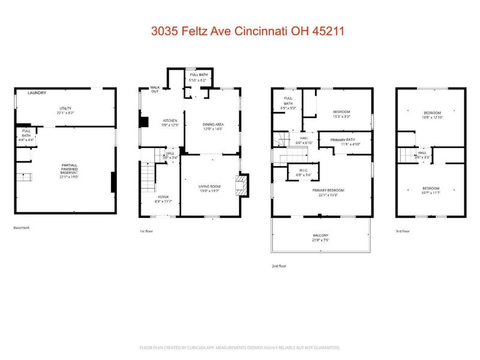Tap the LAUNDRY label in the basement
tap(37, 93)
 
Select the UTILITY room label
tap(65, 109)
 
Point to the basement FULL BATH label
tap(27, 133)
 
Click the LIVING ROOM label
tap(211, 188)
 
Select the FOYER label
tap(163, 199)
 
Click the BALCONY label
tap(320, 236)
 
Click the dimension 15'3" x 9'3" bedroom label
tap(341, 116)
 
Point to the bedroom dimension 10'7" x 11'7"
tap(432, 192)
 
